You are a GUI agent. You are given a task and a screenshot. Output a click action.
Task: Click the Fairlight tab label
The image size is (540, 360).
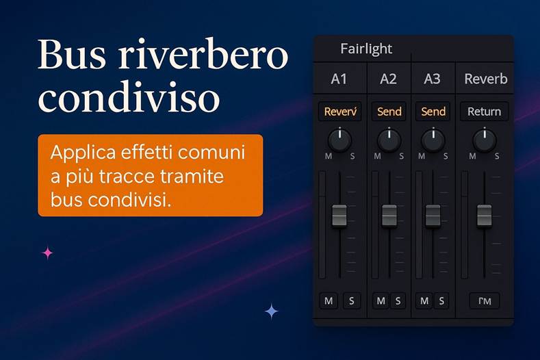click(366, 49)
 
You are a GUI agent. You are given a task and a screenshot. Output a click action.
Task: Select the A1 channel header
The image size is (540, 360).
click(339, 79)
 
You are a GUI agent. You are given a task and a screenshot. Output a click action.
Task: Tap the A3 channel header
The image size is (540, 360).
click(432, 79)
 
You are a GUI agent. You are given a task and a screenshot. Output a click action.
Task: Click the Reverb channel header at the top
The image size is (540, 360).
click(486, 79)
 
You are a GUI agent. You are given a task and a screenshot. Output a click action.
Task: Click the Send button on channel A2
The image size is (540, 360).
click(389, 112)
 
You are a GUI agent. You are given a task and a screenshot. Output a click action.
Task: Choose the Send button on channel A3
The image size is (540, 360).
click(433, 112)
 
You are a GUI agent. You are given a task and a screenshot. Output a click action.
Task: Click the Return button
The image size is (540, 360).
click(484, 112)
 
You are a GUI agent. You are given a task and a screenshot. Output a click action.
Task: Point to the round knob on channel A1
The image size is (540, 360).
click(339, 140)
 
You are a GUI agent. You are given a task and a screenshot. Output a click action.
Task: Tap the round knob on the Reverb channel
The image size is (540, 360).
click(484, 140)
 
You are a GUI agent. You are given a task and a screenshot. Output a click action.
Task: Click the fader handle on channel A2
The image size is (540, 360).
click(389, 215)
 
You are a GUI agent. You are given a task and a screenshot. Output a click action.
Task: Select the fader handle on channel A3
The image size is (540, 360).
click(433, 215)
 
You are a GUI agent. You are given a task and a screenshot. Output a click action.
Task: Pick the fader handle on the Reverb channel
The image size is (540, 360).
click(484, 215)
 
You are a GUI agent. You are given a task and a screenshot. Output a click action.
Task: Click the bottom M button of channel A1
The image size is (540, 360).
click(329, 300)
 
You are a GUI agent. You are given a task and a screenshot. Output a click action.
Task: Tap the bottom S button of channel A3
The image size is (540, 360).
click(441, 300)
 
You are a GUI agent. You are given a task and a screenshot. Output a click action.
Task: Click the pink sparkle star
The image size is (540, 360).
click(47, 253)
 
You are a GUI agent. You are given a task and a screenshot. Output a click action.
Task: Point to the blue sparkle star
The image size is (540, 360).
click(272, 311)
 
